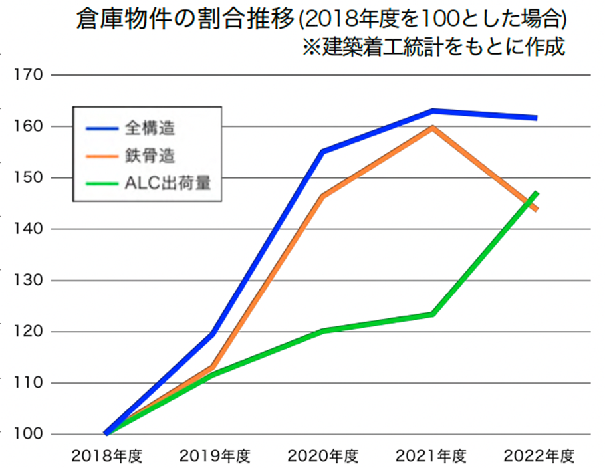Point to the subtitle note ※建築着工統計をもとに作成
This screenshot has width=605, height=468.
433,48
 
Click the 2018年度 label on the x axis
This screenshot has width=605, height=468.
106,457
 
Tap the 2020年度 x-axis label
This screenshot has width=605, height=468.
323,457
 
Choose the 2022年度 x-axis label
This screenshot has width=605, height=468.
539,457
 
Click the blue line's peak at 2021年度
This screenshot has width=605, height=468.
432,110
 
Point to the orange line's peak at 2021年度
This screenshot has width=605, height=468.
432,127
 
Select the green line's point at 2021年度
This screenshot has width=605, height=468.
432,314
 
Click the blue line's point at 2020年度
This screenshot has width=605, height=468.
323,152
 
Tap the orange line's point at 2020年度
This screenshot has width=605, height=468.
323,196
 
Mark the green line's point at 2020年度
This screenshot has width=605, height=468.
323,330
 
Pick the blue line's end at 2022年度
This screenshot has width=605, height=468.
536,118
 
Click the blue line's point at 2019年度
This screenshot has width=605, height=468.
213,334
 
